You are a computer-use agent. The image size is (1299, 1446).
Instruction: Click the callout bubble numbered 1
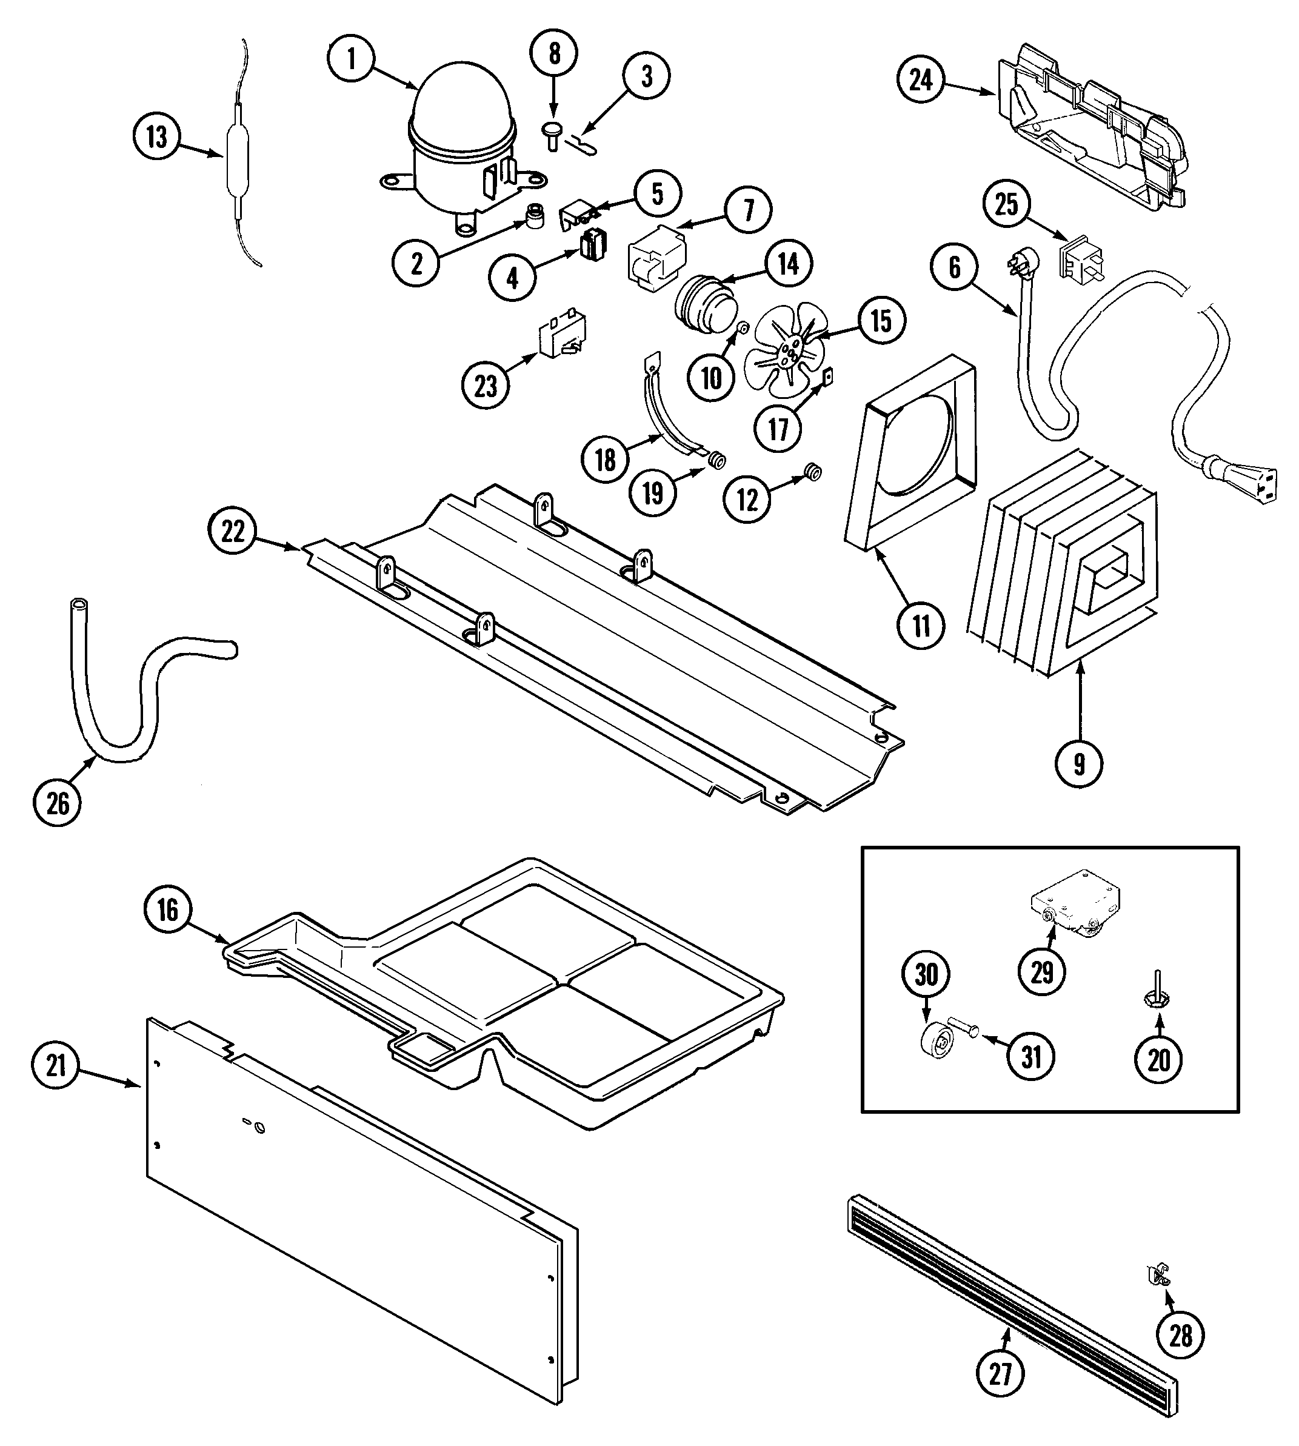click(351, 59)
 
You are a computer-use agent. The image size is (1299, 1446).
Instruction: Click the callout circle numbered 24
click(920, 80)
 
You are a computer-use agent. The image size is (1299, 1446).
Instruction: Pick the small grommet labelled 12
click(812, 472)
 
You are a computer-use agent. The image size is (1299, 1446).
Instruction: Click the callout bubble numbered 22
click(233, 532)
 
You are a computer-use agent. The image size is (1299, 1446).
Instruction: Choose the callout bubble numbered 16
click(167, 910)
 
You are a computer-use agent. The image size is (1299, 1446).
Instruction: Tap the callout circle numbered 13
click(157, 136)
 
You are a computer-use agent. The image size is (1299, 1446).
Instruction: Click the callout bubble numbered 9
click(1078, 765)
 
